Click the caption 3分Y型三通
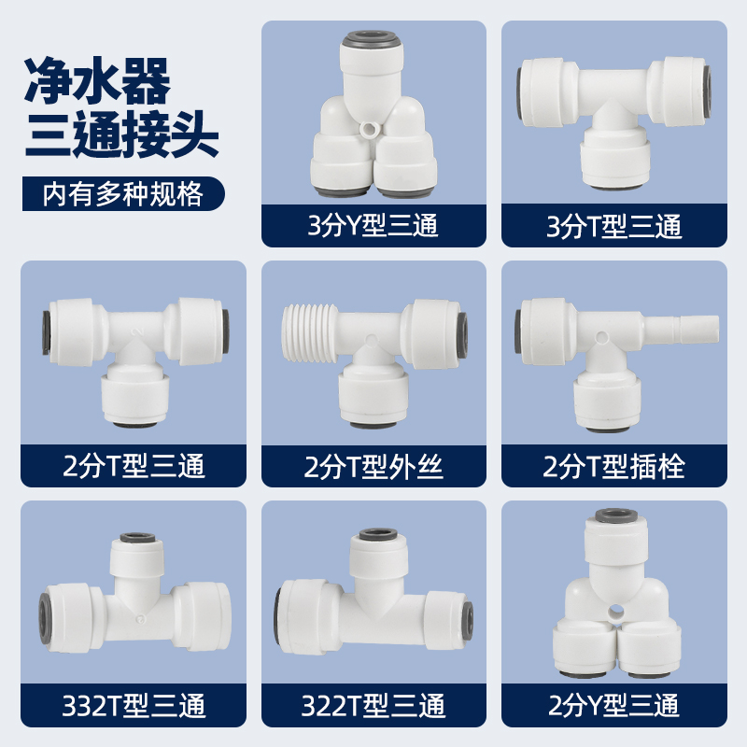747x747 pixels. tap(373, 225)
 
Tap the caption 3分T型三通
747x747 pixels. tap(614, 225)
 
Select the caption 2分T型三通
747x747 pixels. tap(133, 464)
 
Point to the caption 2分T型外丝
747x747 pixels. tap(373, 464)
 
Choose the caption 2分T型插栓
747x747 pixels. tap(614, 464)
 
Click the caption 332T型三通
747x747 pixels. tap(133, 705)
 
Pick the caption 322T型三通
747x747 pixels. tap(373, 705)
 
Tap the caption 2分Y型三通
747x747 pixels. tap(614, 705)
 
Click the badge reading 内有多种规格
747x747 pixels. tap(123, 195)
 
